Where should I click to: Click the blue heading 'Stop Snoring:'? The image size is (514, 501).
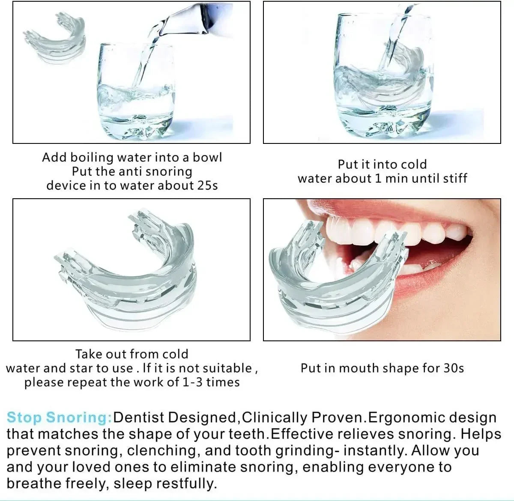coord(59,417)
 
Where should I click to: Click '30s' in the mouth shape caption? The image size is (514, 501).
coord(454,368)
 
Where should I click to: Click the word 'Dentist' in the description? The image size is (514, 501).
coord(143,417)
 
